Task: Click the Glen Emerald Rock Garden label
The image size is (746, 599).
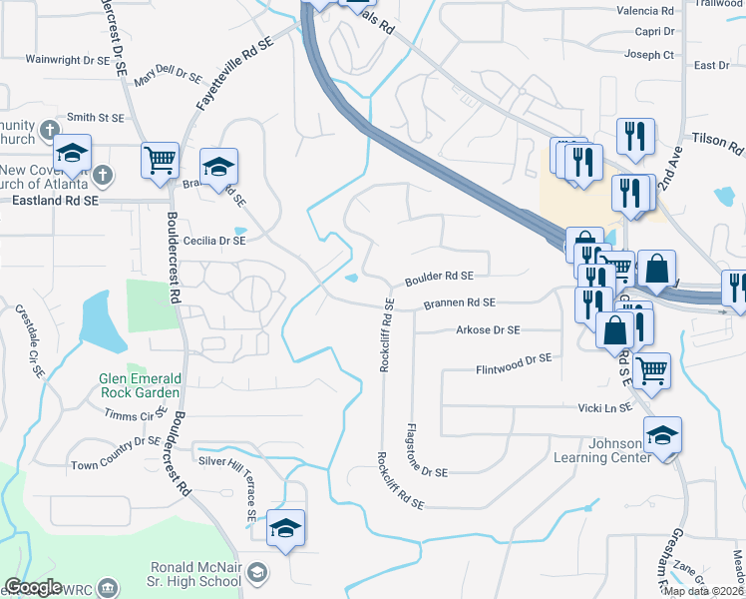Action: click(140, 385)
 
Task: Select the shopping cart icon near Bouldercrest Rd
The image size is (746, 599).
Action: click(161, 160)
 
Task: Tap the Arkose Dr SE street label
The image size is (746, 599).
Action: click(488, 329)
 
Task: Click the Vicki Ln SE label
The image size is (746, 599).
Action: click(605, 407)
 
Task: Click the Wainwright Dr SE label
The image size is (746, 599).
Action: click(67, 60)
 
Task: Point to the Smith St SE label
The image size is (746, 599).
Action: click(96, 117)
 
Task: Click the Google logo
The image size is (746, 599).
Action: click(33, 587)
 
